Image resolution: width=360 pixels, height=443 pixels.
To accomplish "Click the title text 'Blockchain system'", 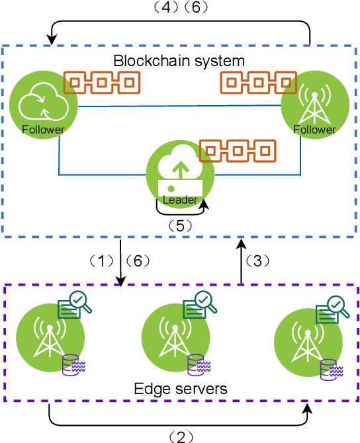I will point(179,61).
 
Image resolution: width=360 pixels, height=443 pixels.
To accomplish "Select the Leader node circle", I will point(180,175).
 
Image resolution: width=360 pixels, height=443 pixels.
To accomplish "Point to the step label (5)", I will point(180,225).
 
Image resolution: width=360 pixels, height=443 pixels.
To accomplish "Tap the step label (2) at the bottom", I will point(179,436).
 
